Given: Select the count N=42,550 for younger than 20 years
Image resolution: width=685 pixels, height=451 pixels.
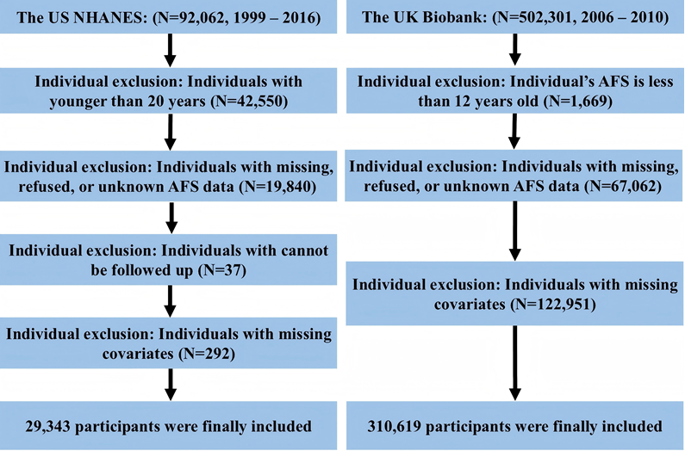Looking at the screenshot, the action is [249, 102].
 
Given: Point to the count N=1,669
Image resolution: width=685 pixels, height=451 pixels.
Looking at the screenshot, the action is [577, 102].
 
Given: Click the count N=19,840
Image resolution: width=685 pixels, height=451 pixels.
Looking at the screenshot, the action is [277, 187].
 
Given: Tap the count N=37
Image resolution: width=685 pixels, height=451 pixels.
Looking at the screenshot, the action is [222, 271].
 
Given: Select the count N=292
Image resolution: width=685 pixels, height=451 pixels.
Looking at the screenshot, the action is [207, 354].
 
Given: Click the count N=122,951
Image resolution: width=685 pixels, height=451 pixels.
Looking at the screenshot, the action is [553, 304].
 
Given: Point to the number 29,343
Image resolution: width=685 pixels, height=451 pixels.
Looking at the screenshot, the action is [47, 427].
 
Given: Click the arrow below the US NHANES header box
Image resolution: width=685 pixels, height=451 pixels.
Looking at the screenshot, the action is [170, 50].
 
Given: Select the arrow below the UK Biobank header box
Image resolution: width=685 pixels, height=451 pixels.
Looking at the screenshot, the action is [515, 50].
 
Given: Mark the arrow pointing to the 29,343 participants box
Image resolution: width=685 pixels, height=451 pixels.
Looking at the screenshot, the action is [171, 385].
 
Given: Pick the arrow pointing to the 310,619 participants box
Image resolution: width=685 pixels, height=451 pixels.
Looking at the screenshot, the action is [515, 363].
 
